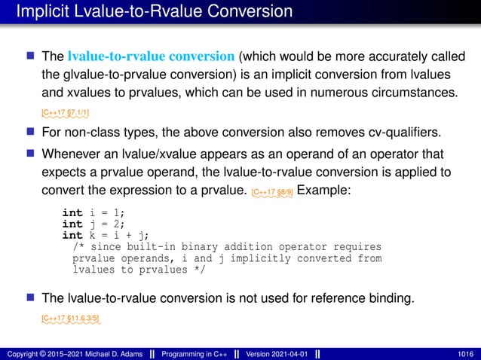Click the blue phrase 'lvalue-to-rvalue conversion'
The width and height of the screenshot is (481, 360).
coord(152,56)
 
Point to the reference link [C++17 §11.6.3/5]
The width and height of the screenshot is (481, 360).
coord(71,319)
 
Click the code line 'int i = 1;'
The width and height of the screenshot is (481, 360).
coord(93,213)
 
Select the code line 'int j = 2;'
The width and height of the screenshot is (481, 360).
coord(93,224)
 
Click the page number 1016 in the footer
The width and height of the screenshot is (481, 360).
coord(464,353)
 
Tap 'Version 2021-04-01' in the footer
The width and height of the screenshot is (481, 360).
coord(277,353)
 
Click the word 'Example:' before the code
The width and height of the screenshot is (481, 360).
coord(325,191)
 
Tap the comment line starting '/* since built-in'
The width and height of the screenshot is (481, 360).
coord(226,247)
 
